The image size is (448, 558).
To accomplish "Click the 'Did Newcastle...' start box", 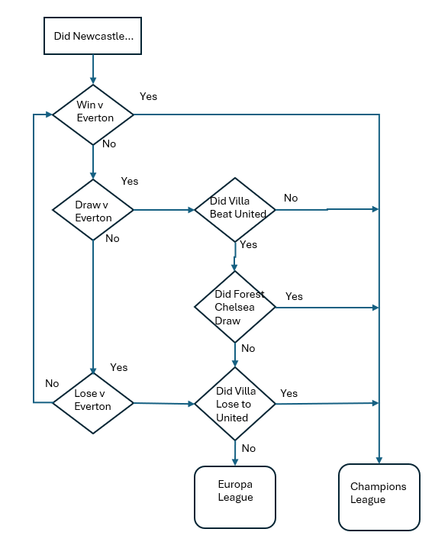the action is [x=92, y=36].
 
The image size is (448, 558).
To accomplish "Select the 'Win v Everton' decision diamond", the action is [x=93, y=115].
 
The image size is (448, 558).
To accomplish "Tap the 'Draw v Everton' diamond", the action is [x=93, y=210].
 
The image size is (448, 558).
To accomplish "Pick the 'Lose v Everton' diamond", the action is [x=93, y=403].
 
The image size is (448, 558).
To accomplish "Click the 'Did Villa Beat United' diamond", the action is [x=235, y=210].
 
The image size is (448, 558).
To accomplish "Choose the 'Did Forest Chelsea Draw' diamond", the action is [x=235, y=307].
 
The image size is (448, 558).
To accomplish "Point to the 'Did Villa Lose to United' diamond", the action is [x=235, y=404].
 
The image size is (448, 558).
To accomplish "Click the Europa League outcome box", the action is [x=235, y=497].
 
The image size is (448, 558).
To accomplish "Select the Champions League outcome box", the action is [x=379, y=497].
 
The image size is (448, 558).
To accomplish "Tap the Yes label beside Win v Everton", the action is [x=148, y=96].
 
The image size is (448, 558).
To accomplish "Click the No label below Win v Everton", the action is [x=109, y=144].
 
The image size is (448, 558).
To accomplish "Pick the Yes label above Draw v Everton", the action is [x=130, y=181].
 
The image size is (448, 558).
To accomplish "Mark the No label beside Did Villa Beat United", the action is [x=291, y=198].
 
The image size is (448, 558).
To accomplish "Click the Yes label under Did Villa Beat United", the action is [x=248, y=244].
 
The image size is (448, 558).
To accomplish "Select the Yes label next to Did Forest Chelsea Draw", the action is [x=294, y=296].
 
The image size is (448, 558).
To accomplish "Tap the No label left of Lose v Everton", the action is [x=52, y=383].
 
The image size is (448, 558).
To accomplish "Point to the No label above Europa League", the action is [x=249, y=448].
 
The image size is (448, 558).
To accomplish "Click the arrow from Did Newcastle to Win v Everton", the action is [x=93, y=69].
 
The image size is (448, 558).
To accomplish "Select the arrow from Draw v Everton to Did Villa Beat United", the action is [x=164, y=210].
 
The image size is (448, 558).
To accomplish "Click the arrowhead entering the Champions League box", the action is [x=379, y=460].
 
